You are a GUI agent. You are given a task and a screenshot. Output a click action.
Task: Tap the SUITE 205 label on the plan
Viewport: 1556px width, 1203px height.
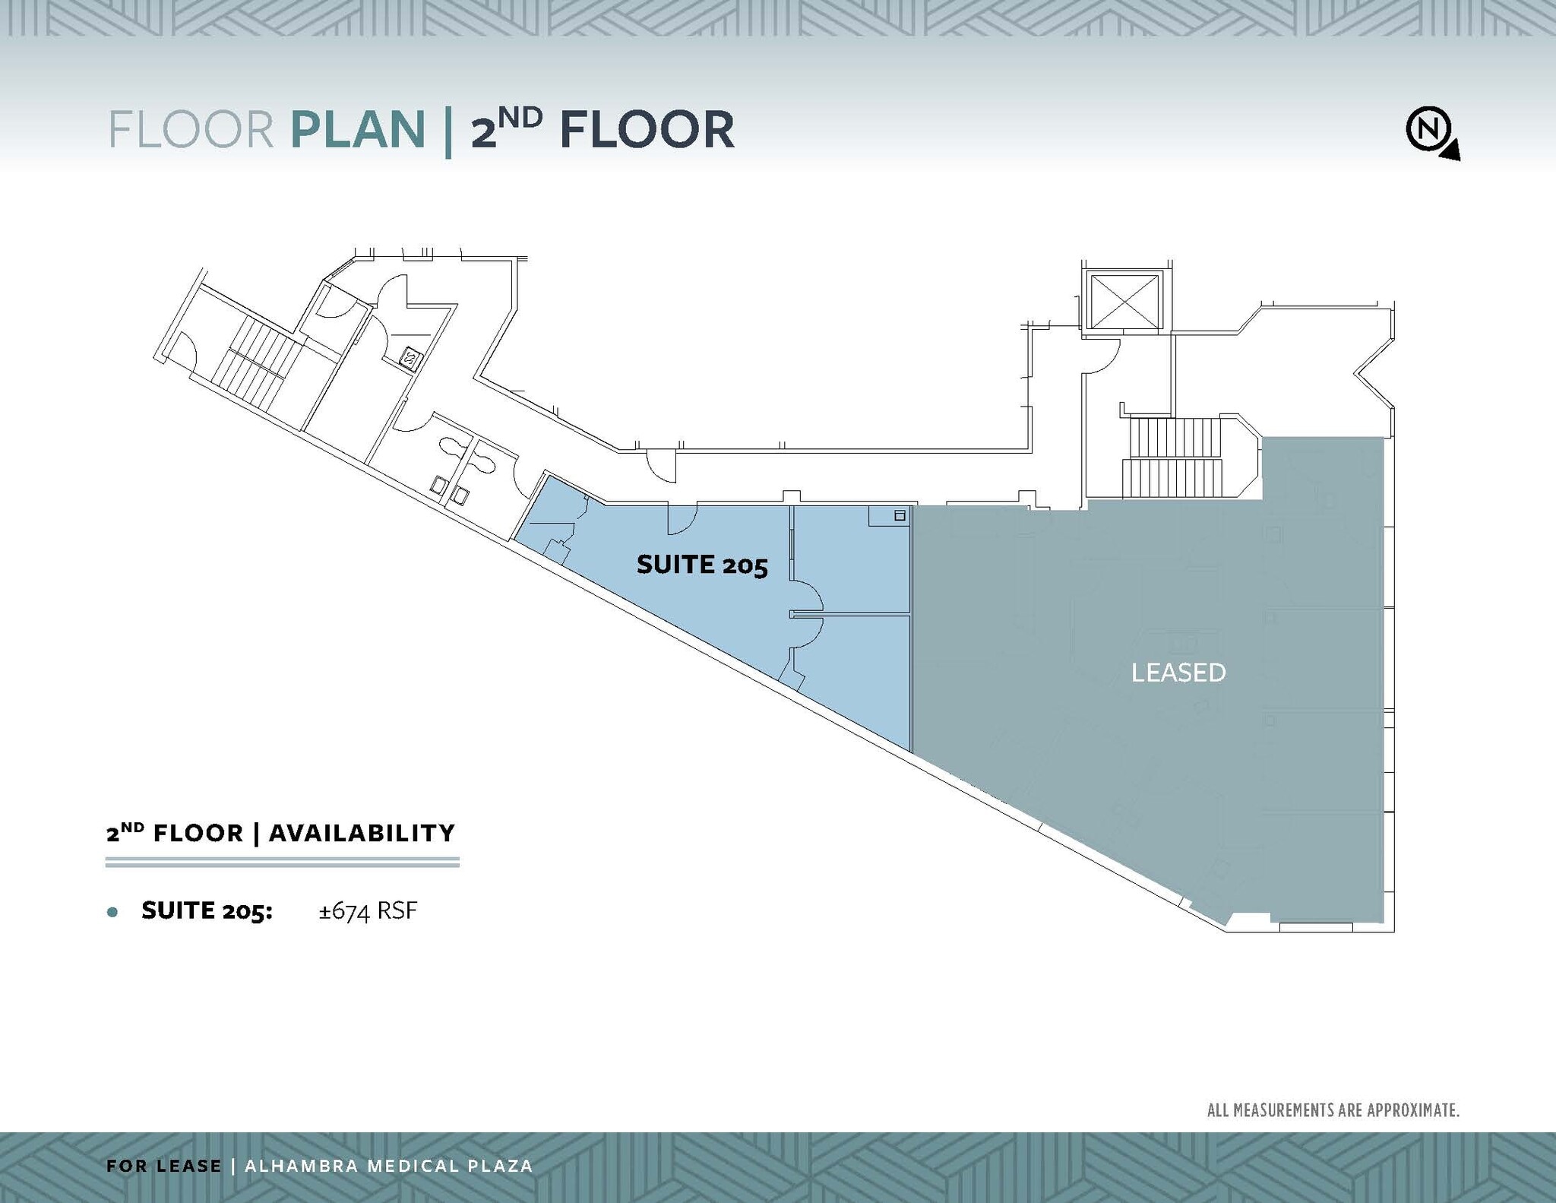tap(702, 565)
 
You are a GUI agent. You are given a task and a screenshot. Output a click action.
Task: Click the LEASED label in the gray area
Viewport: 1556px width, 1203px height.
tap(1178, 673)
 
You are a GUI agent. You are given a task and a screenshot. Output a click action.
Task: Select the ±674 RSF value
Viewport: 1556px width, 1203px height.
tap(368, 910)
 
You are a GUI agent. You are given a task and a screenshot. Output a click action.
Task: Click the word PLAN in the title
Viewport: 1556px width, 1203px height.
tap(357, 130)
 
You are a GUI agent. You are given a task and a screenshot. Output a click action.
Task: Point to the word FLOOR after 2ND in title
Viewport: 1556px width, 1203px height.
tap(647, 130)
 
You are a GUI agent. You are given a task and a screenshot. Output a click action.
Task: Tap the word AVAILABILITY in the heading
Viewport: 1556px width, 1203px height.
tap(362, 833)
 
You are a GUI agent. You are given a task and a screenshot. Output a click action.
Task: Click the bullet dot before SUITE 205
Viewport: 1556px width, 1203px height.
tap(113, 912)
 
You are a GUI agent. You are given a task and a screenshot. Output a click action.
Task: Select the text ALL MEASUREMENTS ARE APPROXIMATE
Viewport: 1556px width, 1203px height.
tap(1333, 1110)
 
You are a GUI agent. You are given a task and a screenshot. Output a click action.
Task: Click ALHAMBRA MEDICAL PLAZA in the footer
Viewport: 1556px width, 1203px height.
tap(388, 1166)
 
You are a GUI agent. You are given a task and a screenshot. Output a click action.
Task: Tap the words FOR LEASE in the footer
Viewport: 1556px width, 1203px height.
tap(164, 1166)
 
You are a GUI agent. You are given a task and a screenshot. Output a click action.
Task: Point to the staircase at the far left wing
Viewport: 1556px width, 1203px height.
tap(255, 363)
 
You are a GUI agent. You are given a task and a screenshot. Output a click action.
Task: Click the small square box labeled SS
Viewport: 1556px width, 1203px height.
tap(410, 358)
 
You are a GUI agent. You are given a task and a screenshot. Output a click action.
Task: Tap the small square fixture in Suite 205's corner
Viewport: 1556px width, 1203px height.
tap(900, 516)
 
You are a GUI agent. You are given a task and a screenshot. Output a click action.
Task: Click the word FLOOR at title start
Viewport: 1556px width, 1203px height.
tap(191, 130)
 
